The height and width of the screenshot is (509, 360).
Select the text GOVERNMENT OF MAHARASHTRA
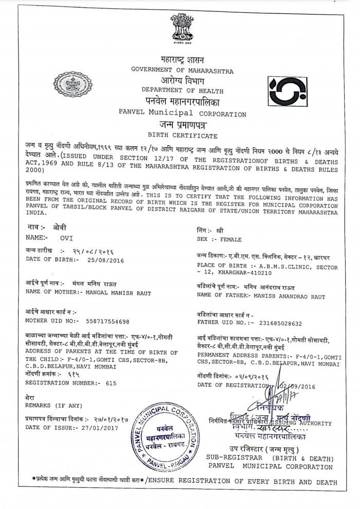click(182, 69)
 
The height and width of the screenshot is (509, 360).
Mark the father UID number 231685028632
click(281, 322)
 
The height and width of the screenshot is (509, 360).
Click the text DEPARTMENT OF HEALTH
click(181, 90)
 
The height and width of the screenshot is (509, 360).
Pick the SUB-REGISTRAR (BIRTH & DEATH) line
click(270, 458)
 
